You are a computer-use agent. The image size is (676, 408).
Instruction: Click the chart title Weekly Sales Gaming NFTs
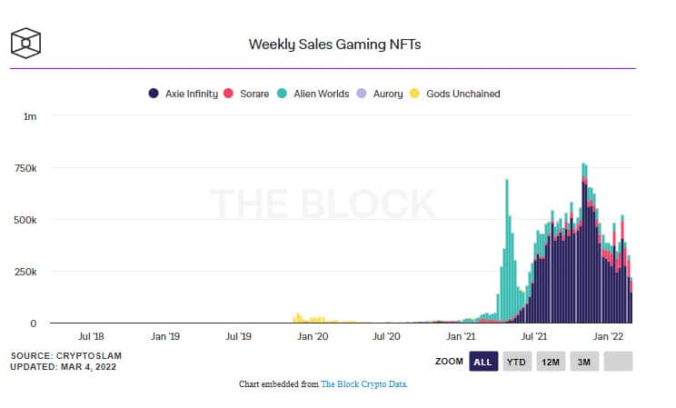click(x=334, y=44)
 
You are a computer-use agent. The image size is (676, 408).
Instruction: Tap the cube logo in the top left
click(x=25, y=43)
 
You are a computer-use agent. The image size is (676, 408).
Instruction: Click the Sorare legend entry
click(x=247, y=93)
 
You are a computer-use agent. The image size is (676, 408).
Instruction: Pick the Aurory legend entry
click(x=381, y=93)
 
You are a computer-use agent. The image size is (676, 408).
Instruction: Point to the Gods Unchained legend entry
click(x=456, y=93)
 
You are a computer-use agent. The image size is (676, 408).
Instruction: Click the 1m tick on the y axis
click(x=30, y=116)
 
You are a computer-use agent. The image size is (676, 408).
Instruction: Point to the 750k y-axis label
click(x=24, y=168)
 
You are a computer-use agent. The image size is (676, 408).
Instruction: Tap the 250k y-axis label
click(x=24, y=272)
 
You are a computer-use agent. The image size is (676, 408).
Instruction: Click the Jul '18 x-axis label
click(x=90, y=336)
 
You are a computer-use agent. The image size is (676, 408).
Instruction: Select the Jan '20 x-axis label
click(x=313, y=336)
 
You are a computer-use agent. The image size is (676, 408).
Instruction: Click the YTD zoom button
click(x=516, y=362)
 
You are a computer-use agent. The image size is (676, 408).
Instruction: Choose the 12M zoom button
click(x=550, y=362)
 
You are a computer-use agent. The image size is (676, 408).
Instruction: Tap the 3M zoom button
click(x=584, y=362)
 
